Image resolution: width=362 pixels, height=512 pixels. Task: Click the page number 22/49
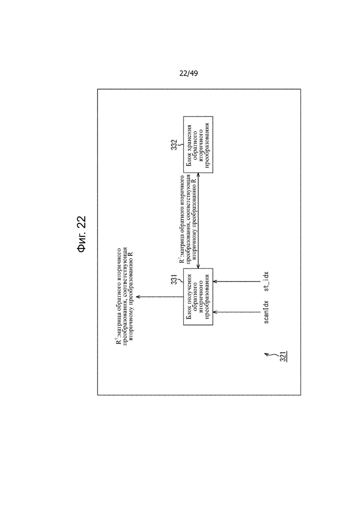(188, 73)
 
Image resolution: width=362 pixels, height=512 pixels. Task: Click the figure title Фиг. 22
(81, 234)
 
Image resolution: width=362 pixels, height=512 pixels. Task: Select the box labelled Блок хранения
(198, 144)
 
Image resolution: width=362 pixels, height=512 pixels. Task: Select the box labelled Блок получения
(198, 297)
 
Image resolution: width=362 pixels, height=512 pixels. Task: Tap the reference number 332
(175, 145)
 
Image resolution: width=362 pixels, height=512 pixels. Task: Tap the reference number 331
(175, 279)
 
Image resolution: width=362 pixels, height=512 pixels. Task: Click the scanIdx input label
(266, 312)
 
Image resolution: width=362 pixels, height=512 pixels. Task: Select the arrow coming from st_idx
(237, 281)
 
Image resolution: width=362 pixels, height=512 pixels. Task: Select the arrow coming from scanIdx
(237, 312)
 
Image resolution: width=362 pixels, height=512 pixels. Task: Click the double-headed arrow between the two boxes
(198, 220)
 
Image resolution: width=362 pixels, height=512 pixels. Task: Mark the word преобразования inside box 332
(207, 144)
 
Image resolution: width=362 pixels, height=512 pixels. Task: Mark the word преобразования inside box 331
(207, 297)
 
